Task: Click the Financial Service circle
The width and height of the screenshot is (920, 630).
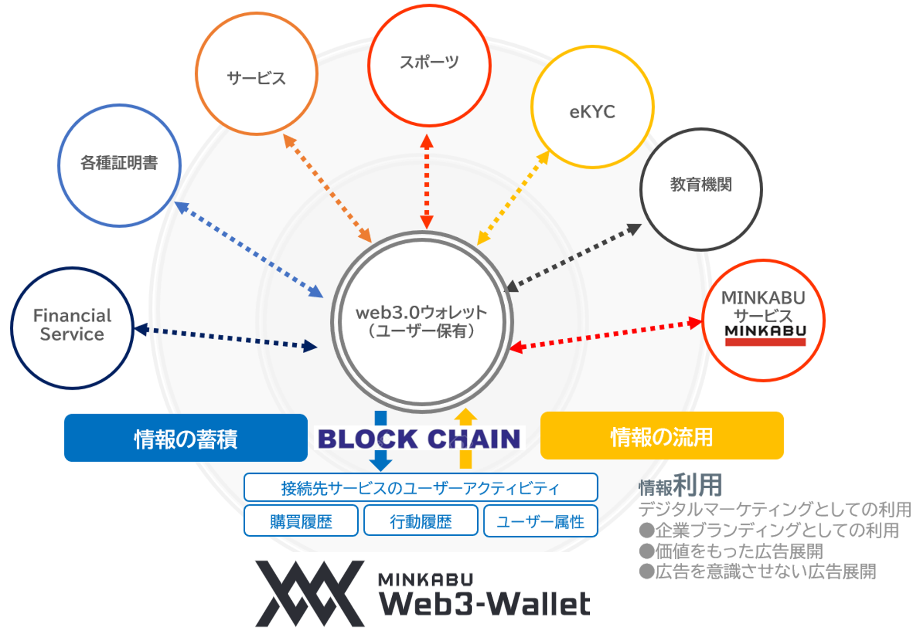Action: pos(72,328)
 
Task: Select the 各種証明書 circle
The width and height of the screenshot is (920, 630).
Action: pos(119,165)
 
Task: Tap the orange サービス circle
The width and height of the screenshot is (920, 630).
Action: pos(256,74)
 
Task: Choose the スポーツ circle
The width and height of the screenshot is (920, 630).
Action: pos(429,65)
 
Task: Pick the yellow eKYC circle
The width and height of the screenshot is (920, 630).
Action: pos(592,107)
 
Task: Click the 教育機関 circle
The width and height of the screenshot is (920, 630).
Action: pos(701,189)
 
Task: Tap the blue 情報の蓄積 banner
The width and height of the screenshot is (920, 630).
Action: pos(186,438)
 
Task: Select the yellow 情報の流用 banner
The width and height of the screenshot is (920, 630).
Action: pos(661,436)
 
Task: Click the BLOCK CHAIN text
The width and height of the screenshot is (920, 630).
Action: pos(419,439)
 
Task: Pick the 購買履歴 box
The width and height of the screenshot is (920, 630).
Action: pos(301,521)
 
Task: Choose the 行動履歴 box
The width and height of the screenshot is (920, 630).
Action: pos(421,521)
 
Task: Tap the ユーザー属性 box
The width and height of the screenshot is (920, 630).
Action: pos(540,521)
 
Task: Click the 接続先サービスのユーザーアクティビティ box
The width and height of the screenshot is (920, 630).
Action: pos(421,487)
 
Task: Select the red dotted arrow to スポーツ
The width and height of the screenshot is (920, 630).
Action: pos(427,182)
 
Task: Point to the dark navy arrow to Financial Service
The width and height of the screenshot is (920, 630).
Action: pos(226,338)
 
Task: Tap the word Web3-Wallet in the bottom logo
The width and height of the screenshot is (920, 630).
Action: pos(485,603)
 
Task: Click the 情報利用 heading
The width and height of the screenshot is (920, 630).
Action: pos(680,486)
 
